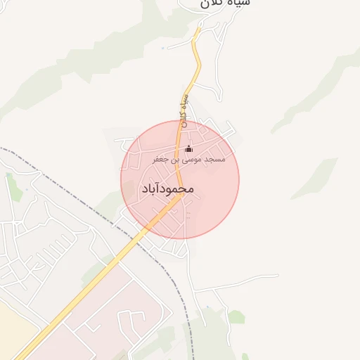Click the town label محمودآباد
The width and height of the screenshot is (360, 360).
[x=167, y=189]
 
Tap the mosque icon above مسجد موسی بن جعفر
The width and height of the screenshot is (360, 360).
[x=188, y=149]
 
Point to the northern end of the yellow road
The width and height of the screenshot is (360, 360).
[x=198, y=31]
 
